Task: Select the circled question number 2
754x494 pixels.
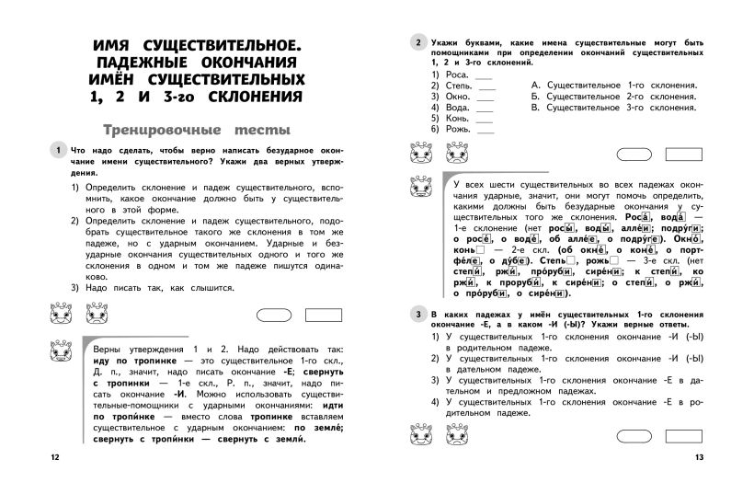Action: click(418, 42)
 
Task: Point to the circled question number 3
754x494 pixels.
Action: click(418, 315)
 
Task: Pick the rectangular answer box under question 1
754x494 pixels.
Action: click(326, 316)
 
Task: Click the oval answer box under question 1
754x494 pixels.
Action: click(276, 316)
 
